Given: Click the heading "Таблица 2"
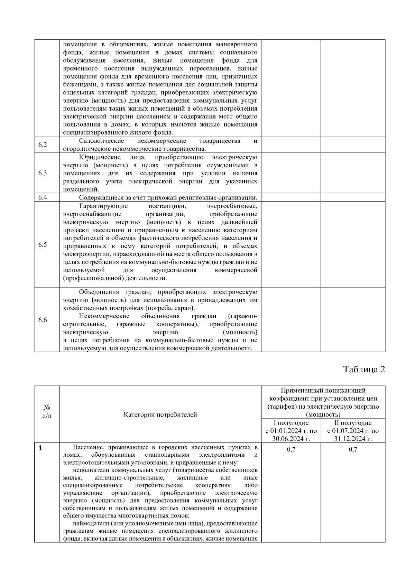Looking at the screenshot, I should point(364,369).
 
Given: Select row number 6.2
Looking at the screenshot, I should point(43,145).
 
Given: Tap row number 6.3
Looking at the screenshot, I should point(43,173).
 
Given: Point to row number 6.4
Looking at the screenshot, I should point(43,198).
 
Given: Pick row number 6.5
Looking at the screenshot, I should point(43,245).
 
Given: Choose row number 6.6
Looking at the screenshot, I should point(43,320).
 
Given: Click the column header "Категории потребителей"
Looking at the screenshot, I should point(160,414).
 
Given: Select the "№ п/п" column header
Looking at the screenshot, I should point(47,411).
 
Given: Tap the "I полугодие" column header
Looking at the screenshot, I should point(291,423).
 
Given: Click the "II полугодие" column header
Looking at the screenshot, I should point(353,423).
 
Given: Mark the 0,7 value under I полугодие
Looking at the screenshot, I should point(291,449).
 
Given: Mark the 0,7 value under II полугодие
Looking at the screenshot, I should point(353,449).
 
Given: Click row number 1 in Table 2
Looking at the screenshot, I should point(40,448).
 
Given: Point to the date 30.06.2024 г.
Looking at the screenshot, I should point(291,439).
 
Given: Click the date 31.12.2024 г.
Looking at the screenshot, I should point(353,439).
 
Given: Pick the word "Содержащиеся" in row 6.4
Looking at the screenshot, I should point(101,198).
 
